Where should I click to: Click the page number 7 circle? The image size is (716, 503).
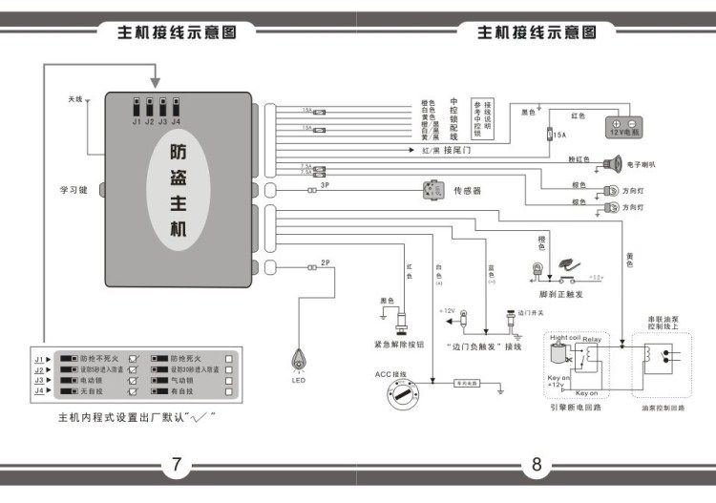(x=176, y=465)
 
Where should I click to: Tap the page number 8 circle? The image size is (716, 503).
(x=536, y=465)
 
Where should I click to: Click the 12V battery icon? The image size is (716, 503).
(x=626, y=128)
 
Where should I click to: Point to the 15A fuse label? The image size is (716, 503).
(x=560, y=136)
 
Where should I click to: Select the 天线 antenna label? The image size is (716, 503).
(x=75, y=99)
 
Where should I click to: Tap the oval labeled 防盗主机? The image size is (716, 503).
(x=179, y=191)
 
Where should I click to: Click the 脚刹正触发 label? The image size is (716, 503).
(x=548, y=295)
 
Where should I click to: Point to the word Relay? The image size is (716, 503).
(x=592, y=339)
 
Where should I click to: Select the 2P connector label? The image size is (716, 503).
(x=325, y=262)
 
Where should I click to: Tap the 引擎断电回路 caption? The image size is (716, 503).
(x=577, y=408)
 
